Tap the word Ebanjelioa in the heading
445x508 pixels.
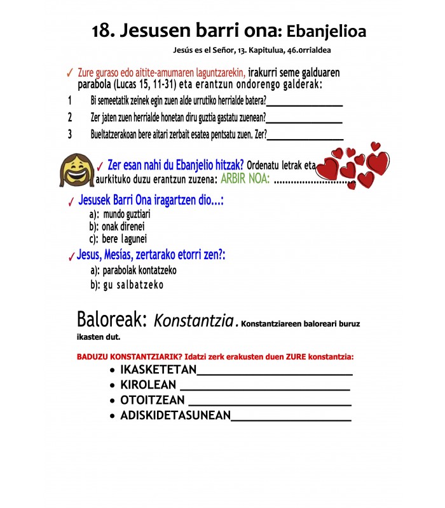(326, 30)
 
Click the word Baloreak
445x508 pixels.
(113, 318)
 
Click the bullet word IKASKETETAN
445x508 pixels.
(158, 371)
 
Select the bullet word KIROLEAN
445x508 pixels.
(148, 385)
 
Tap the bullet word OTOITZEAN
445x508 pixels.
(153, 401)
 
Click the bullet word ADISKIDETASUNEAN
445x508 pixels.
(175, 416)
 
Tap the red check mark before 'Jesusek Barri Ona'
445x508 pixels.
(71, 203)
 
